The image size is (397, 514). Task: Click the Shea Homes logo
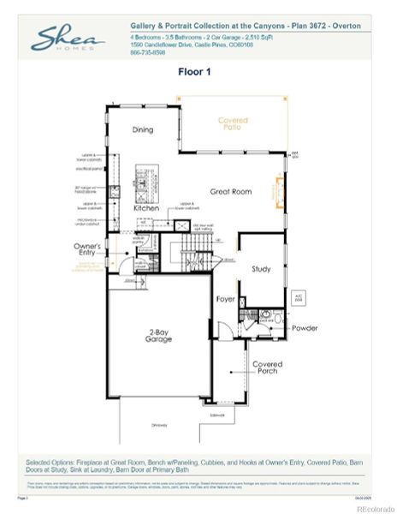68,39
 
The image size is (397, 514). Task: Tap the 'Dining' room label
143,130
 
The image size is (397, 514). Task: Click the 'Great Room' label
231,192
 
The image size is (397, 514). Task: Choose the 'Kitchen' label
145,208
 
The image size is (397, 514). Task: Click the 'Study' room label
261,269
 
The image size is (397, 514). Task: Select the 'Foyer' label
225,299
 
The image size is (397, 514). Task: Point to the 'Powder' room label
305,328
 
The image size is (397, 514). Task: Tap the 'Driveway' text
160,425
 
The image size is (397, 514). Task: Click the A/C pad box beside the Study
299,297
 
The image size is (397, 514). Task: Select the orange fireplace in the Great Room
276,192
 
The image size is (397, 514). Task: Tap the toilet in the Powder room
265,316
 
